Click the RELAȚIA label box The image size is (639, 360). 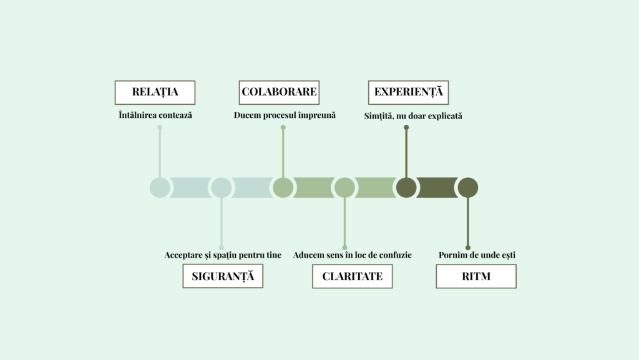click(x=155, y=92)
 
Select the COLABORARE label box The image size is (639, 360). click(x=279, y=92)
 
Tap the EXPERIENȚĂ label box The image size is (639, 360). click(x=408, y=92)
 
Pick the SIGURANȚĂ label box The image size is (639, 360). click(x=223, y=276)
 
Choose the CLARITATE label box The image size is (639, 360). click(x=353, y=276)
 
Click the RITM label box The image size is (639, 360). click(x=476, y=276)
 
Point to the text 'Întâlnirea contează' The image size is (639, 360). click(x=155, y=115)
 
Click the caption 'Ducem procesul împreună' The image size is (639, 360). click(x=285, y=115)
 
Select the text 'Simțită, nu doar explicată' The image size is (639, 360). click(x=413, y=115)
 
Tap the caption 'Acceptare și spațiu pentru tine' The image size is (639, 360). click(x=223, y=255)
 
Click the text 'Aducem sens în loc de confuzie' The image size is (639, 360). click(x=353, y=255)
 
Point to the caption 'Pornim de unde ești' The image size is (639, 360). click(x=477, y=255)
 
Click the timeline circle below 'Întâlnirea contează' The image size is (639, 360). click(x=160, y=188)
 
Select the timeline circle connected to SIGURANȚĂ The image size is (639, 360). click(x=222, y=188)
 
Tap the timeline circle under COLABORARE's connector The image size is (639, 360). click(x=283, y=188)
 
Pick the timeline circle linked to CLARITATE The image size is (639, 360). click(x=344, y=188)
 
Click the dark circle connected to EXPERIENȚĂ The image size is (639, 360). click(x=406, y=188)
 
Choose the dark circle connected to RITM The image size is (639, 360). click(x=468, y=188)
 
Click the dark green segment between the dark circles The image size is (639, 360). click(x=437, y=188)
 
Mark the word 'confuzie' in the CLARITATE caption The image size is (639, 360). click(x=394, y=255)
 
